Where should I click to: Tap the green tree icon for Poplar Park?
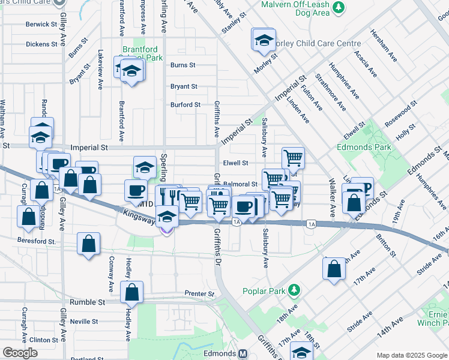click(x=294, y=291)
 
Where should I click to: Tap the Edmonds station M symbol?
click(x=243, y=354)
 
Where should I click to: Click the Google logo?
click(x=20, y=353)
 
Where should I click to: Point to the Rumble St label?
click(x=88, y=302)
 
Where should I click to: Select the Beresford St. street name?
click(x=37, y=241)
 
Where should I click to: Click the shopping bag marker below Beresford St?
click(x=89, y=245)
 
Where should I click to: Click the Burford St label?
click(x=185, y=105)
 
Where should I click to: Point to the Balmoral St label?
click(x=240, y=184)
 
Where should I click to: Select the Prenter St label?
click(x=200, y=294)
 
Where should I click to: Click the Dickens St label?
click(x=41, y=44)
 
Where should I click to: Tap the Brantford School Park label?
click(x=143, y=54)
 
